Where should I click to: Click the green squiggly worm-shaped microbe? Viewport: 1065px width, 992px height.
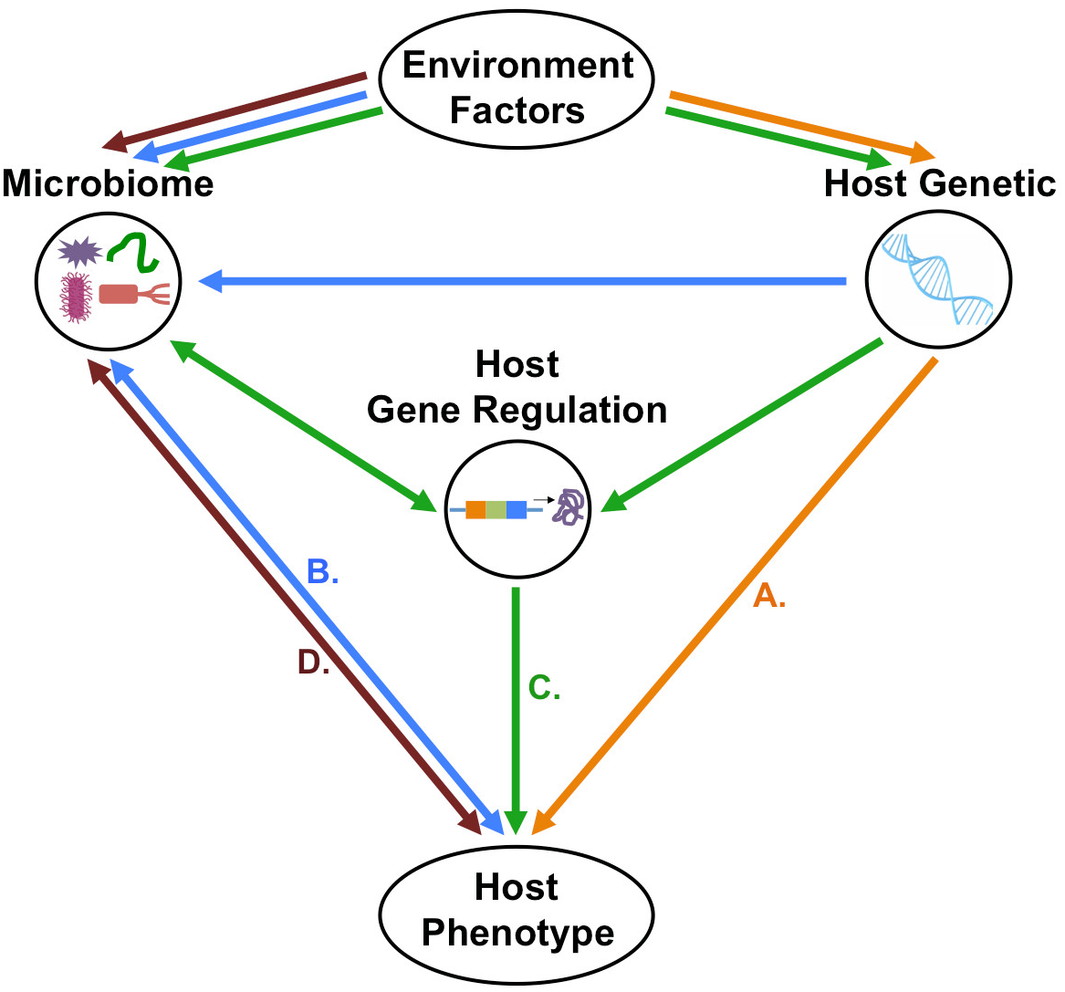[x=135, y=252]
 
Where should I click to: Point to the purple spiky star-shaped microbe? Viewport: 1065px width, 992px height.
[x=79, y=251]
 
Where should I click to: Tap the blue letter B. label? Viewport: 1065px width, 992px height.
[x=322, y=572]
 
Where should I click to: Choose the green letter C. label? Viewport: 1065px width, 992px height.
[x=544, y=688]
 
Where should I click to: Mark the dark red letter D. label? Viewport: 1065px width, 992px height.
[x=313, y=663]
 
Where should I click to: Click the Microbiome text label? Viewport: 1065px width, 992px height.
[x=108, y=183]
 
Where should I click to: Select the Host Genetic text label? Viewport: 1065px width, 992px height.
[x=939, y=183]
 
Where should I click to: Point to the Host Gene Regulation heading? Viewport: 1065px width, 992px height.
[x=517, y=387]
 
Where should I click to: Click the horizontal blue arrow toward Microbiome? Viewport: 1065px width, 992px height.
[x=520, y=282]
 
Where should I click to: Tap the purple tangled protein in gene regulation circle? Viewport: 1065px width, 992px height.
[x=569, y=506]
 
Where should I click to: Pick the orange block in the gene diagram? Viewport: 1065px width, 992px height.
[x=475, y=509]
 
